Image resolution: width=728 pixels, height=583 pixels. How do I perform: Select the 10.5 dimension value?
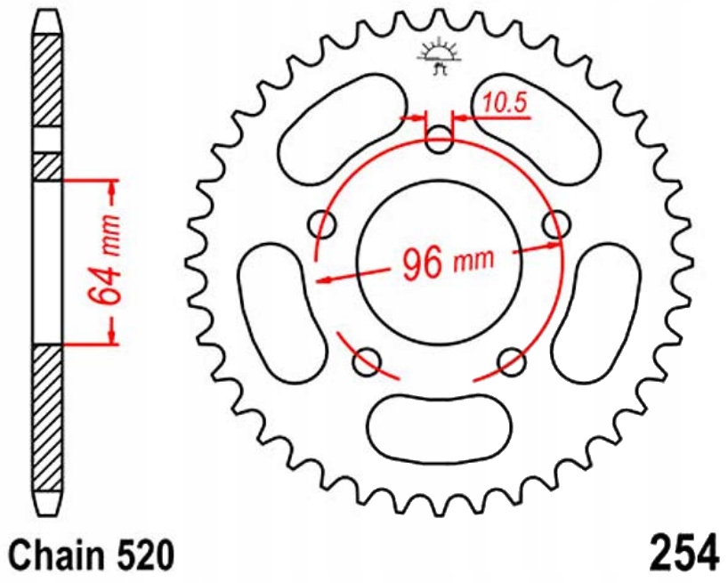(x=506, y=104)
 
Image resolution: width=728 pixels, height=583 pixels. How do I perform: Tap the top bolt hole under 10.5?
(x=440, y=138)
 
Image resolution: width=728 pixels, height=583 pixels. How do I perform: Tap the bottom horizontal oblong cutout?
(x=440, y=426)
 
